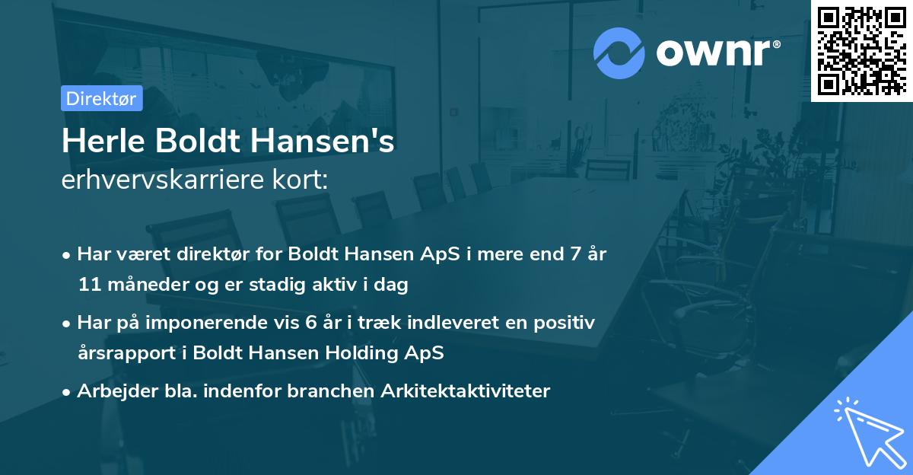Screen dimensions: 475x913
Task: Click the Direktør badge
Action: [x=100, y=98]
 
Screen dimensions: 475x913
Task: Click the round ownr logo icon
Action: [x=619, y=53]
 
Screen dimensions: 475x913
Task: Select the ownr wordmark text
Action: [x=716, y=53]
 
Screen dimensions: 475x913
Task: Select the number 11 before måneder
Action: [x=88, y=285]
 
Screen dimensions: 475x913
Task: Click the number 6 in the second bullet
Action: [x=310, y=322]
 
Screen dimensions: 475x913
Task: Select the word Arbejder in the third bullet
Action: [x=109, y=391]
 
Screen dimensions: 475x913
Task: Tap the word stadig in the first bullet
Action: [x=281, y=285]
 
